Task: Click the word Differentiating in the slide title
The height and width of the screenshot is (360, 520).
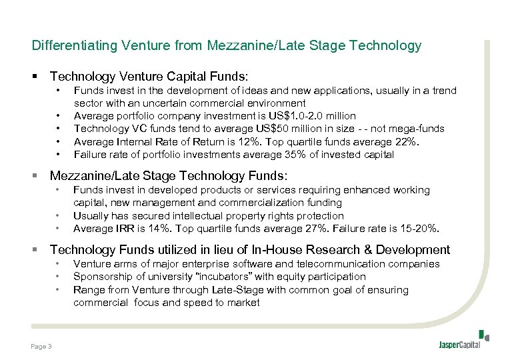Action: coord(73,45)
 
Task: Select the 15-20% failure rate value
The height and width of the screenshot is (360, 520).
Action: coord(419,229)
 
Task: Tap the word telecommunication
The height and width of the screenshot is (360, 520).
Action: coord(347,264)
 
